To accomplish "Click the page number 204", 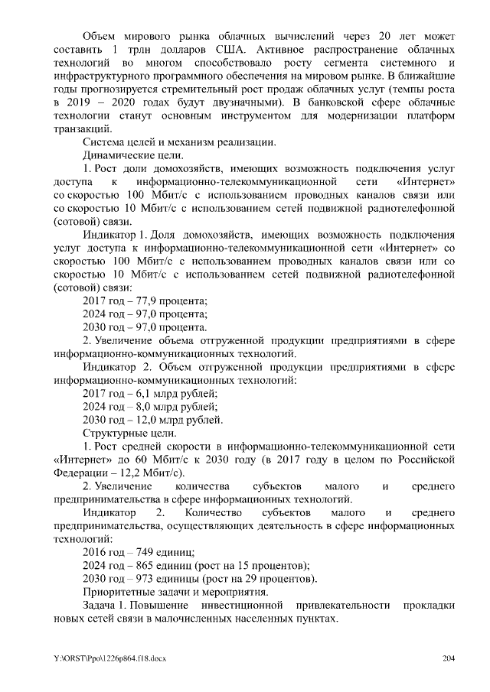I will pos(449,658).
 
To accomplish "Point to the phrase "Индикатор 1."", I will pos(115,235).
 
